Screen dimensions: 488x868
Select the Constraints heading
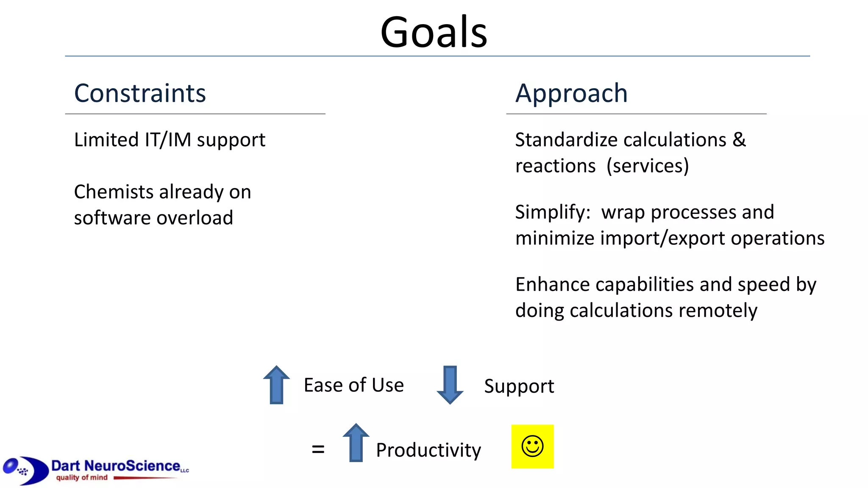pos(140,94)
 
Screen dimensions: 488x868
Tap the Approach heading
pos(571,94)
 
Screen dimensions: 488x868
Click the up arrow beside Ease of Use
pos(276,385)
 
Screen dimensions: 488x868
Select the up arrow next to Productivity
pos(356,443)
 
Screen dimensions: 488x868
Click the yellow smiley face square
pos(532,446)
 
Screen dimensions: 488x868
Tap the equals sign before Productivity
pos(318,449)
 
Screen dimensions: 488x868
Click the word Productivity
pos(428,450)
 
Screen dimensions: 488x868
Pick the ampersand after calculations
pos(739,140)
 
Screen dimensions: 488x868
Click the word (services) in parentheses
pos(648,166)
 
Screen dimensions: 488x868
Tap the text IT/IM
pos(168,140)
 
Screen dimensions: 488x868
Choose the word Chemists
pos(114,192)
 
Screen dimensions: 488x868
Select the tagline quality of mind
pos(82,478)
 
